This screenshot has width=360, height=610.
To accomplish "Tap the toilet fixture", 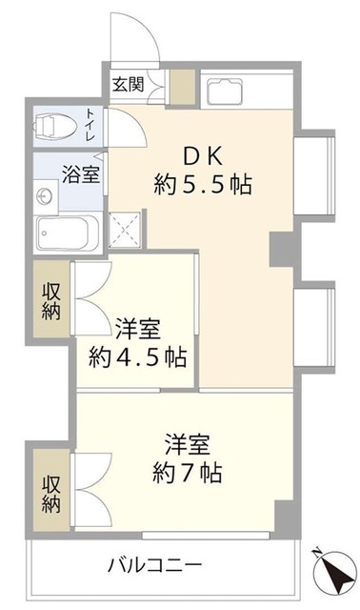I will pyautogui.click(x=54, y=126).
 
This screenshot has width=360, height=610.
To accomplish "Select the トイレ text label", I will pyautogui.click(x=90, y=125).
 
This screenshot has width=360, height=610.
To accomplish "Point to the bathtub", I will pyautogui.click(x=63, y=231).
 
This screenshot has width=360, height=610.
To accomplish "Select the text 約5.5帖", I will pyautogui.click(x=203, y=185).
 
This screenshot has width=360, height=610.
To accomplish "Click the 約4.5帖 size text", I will pyautogui.click(x=137, y=358).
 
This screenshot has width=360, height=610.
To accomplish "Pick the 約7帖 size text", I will pyautogui.click(x=187, y=472).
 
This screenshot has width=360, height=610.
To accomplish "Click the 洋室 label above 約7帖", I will pyautogui.click(x=187, y=444).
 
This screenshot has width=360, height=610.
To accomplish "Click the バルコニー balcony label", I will pyautogui.click(x=153, y=564).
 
